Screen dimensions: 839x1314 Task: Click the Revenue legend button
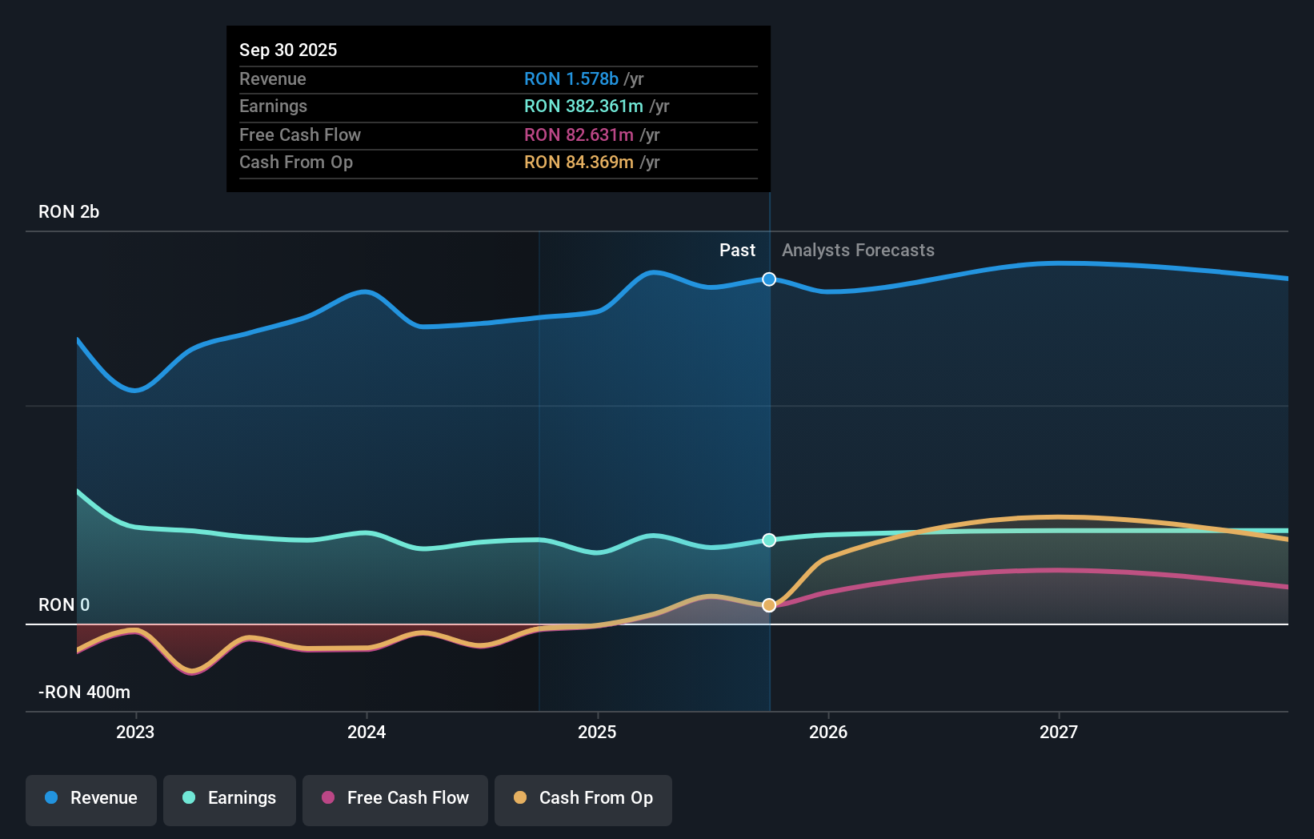[91, 798]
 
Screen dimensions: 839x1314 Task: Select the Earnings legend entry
[230, 798]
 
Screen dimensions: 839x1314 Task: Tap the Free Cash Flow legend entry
[395, 798]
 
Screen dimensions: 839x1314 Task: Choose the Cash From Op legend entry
[583, 798]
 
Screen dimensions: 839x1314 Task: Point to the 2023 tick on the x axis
[135, 732]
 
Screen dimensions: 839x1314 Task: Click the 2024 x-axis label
[367, 732]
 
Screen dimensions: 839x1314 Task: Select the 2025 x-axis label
[597, 732]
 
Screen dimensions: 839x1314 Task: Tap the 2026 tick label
[828, 732]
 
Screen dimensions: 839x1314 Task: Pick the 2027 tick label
[1059, 732]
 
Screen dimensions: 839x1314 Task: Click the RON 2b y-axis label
[69, 212]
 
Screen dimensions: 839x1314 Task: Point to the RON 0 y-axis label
[64, 605]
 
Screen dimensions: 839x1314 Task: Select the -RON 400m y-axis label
[85, 692]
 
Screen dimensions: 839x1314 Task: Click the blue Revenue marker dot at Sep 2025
[769, 279]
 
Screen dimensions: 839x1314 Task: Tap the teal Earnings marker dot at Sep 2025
[769, 540]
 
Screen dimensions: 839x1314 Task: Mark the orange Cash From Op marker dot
[769, 605]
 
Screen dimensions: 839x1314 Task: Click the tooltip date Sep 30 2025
[288, 50]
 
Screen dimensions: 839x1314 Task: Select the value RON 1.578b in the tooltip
[571, 79]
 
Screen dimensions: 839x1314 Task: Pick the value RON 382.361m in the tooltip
[583, 106]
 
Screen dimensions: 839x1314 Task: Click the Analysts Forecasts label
[858, 251]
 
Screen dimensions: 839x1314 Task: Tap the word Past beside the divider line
[737, 251]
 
